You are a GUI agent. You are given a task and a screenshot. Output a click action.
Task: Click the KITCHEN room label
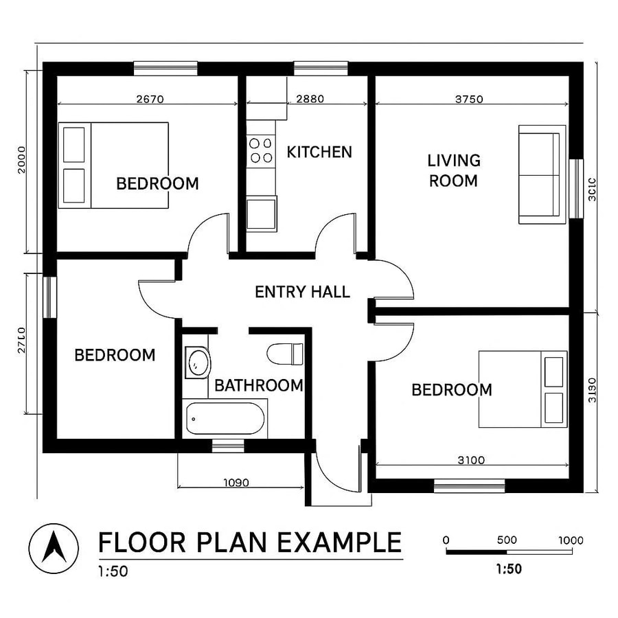coord(319,152)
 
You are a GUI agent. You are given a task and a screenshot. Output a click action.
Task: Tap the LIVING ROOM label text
coord(453,170)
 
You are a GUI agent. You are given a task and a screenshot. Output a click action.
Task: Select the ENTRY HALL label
coord(302,292)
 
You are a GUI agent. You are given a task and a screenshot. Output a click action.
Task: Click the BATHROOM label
coord(259,385)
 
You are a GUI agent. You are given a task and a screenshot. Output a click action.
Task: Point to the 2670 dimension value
coord(150,99)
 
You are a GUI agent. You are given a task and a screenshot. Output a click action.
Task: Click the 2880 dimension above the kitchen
coord(310,99)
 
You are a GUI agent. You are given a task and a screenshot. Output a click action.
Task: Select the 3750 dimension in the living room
coord(470,99)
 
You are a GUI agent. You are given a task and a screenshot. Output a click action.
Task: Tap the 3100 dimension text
coord(471,460)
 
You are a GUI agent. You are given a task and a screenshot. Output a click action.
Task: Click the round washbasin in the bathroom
coord(198,363)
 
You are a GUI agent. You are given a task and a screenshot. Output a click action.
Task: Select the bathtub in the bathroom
coord(225,419)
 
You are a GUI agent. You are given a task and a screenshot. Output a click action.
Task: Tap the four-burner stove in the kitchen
coord(260,150)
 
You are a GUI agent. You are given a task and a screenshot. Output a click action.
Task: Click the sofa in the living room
coord(542,174)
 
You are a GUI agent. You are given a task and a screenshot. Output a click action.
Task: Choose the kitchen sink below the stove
coord(261,213)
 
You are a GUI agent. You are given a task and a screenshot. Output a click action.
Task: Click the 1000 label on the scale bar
coord(571,540)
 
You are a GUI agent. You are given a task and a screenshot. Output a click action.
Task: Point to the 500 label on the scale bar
coord(507,540)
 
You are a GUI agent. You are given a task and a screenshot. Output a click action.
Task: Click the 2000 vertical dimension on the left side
coord(22,159)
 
